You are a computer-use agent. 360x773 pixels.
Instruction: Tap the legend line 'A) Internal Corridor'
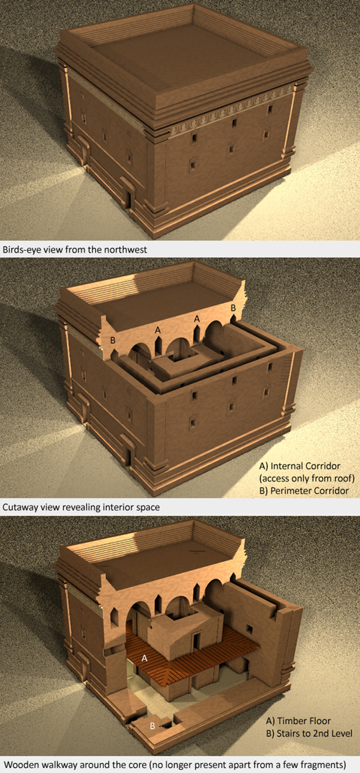pos(300,466)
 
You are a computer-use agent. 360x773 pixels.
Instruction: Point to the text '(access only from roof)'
pos(307,478)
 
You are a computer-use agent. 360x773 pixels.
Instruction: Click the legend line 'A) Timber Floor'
pos(298,720)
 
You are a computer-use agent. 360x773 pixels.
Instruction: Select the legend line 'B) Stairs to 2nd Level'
pos(309,733)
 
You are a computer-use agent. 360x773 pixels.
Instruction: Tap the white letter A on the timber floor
pos(145,658)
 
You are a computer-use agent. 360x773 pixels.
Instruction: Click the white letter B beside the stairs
pos(152,726)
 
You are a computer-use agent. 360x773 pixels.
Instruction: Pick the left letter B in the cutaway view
pos(112,340)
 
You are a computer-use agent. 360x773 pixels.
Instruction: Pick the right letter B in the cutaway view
pos(233,308)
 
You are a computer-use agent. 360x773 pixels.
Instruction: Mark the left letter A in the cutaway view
pos(158,330)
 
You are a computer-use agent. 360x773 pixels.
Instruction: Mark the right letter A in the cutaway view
pos(197,319)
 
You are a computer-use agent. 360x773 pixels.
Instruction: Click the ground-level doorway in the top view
pos(129,199)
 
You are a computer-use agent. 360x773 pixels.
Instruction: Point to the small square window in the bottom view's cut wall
pos(249,630)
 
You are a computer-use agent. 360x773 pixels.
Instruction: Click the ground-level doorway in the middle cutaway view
pos(129,457)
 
